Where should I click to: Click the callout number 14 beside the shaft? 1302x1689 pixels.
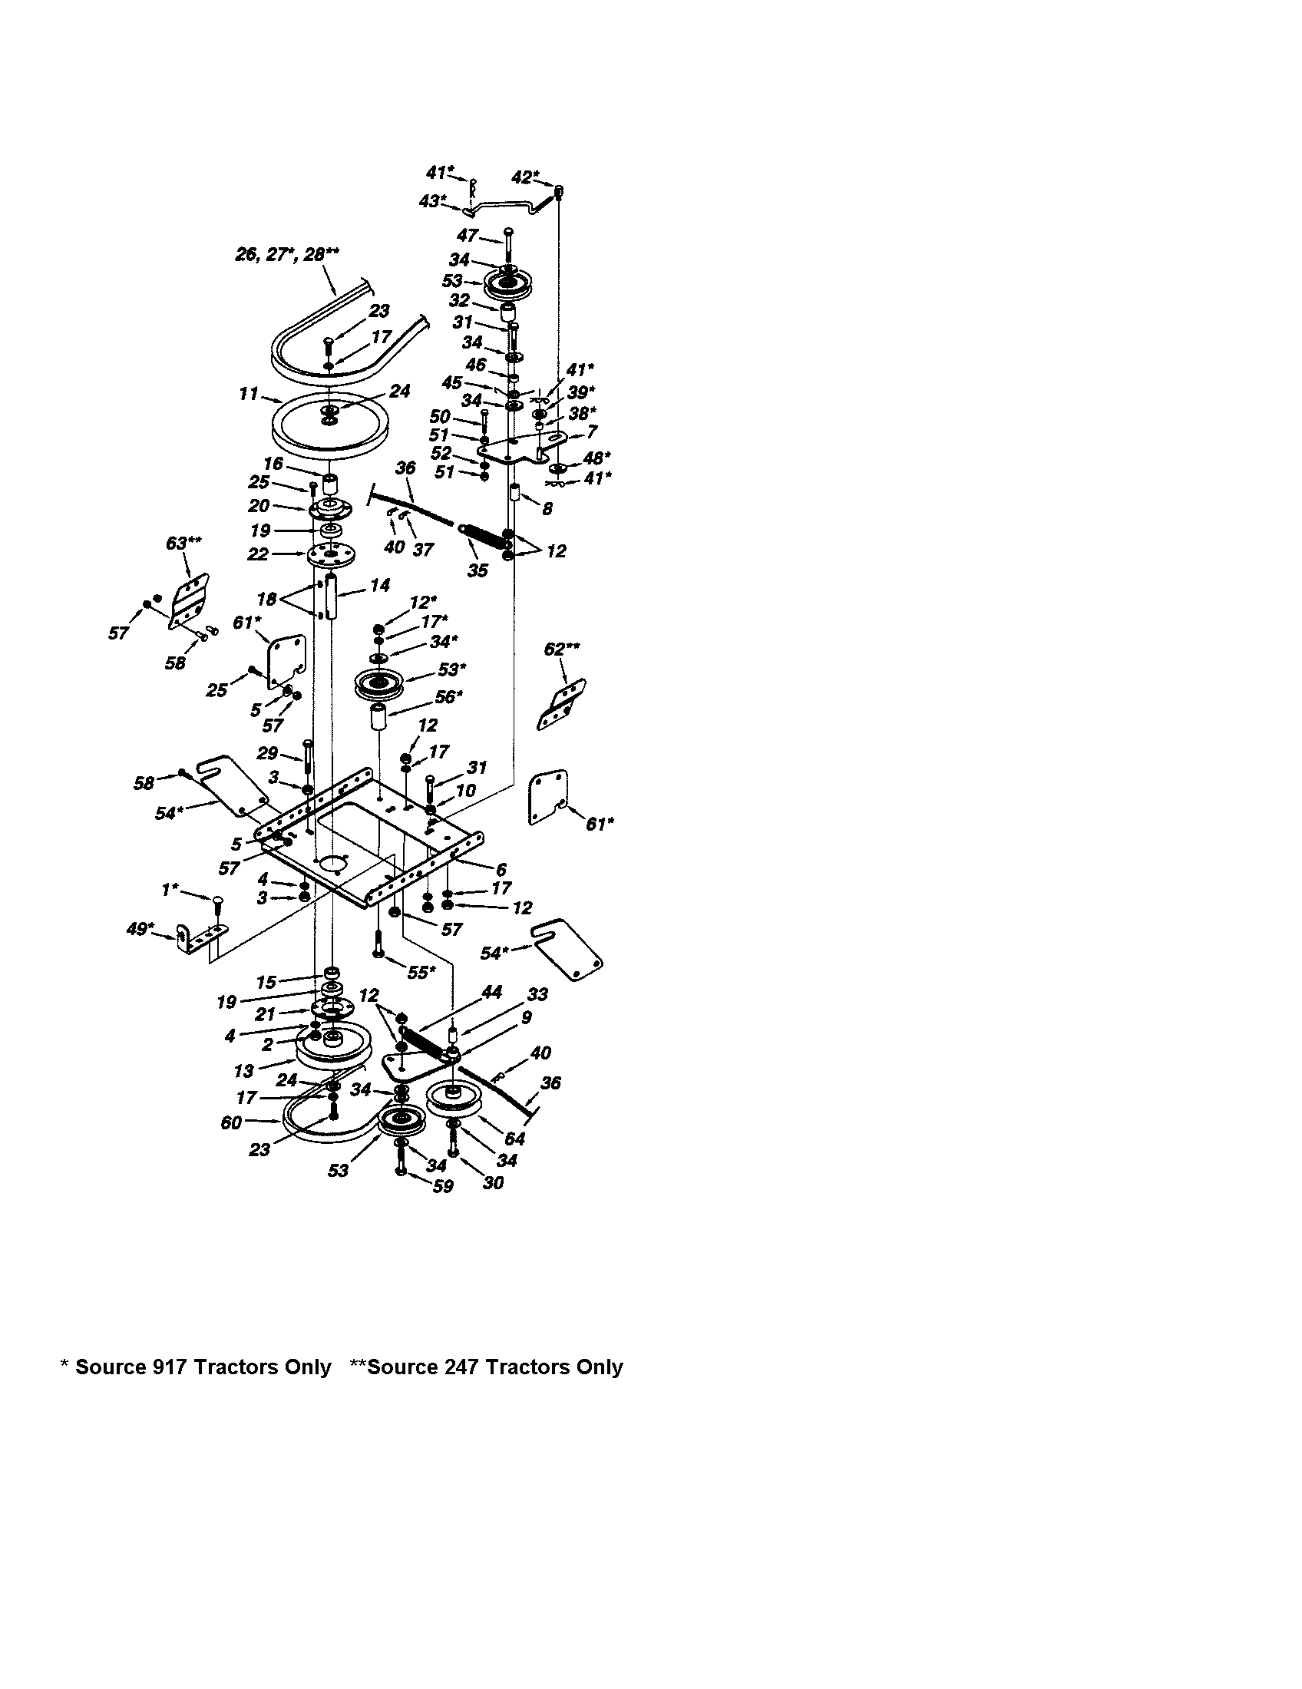379,586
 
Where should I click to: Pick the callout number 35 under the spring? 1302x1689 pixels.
478,571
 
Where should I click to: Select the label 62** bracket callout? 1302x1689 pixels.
562,649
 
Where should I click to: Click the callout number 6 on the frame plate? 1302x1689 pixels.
501,869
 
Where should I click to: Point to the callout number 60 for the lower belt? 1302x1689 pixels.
231,1122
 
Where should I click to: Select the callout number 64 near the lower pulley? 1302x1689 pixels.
514,1139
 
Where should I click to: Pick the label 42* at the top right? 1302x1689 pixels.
526,177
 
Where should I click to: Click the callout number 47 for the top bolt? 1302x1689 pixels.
467,236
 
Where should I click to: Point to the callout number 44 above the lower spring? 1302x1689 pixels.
492,993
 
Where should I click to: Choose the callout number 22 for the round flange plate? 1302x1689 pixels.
258,554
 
